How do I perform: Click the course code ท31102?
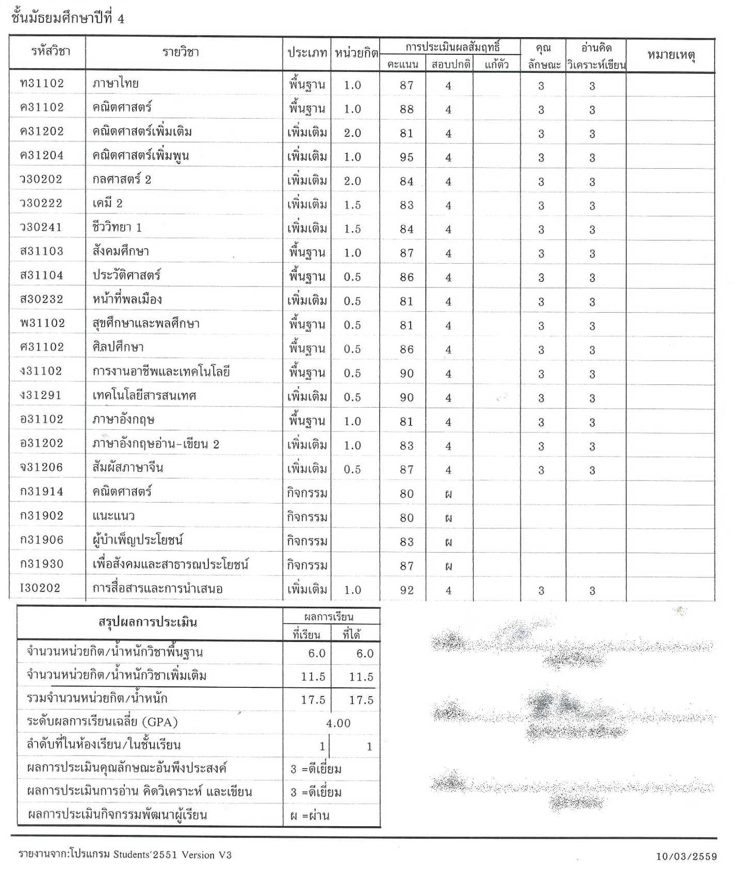coord(42,84)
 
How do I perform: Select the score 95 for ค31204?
coord(406,157)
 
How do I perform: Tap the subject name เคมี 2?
coord(107,203)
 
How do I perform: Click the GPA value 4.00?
coord(338,723)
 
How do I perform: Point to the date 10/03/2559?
coord(686,857)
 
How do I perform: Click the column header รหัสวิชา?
coord(50,51)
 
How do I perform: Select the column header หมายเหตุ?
coord(671,55)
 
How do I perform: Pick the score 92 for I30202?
coord(406,590)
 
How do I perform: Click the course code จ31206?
coord(41,468)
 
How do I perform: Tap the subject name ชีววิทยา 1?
coord(117,228)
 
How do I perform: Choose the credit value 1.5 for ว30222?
coord(352,205)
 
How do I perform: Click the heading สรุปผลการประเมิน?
coord(148,622)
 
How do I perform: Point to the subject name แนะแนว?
coord(113,516)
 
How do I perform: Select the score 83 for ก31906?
coord(406,542)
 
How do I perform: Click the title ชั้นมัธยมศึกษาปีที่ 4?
coord(68,19)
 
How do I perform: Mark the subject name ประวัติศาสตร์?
coord(126,276)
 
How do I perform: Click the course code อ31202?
coord(41,443)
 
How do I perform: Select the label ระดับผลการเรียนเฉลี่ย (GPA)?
coord(102,722)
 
